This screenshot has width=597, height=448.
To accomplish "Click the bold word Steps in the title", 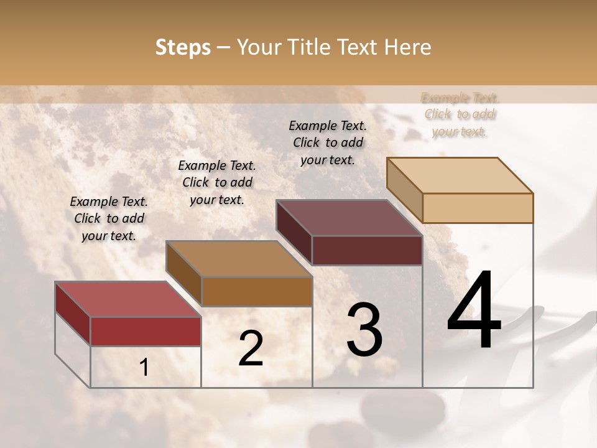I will coord(183,47).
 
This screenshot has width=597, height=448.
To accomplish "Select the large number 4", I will coord(474,310).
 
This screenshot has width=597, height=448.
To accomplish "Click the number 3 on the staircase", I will coord(364,330).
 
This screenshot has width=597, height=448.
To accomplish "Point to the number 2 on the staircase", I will coord(251,349).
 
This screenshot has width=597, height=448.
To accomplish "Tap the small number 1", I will coord(144,368).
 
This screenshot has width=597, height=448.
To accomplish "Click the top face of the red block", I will coord(127,299).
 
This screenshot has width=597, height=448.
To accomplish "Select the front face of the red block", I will coord(146,331).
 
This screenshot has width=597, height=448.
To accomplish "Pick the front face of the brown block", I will coord(257,291).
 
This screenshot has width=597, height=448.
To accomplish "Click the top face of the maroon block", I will coord(349,218).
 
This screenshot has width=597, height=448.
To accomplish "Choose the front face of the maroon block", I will coord(367,250).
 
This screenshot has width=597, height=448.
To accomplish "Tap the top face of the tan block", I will coord(460,175).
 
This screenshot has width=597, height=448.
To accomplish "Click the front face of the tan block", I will coord(478,208).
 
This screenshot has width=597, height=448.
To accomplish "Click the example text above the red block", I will coord(109,218).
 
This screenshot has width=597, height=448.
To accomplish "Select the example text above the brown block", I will coord(217,182).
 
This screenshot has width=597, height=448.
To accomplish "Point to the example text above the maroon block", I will coord(328,142).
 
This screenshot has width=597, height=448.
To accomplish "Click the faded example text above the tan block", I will coord(460,114).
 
